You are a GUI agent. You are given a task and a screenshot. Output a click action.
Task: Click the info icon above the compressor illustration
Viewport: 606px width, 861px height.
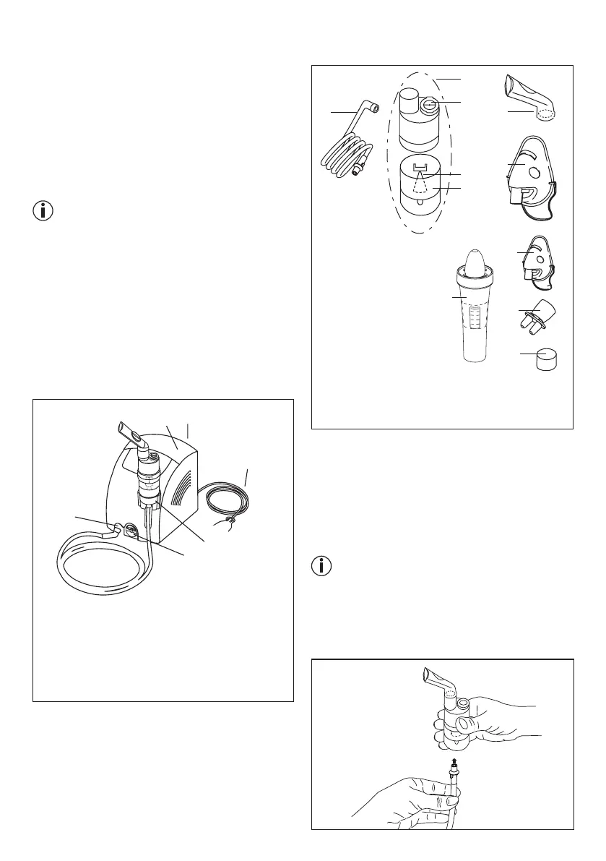pyautogui.click(x=44, y=212)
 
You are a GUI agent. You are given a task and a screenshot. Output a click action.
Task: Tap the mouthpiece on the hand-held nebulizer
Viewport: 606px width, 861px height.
pyautogui.click(x=434, y=683)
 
